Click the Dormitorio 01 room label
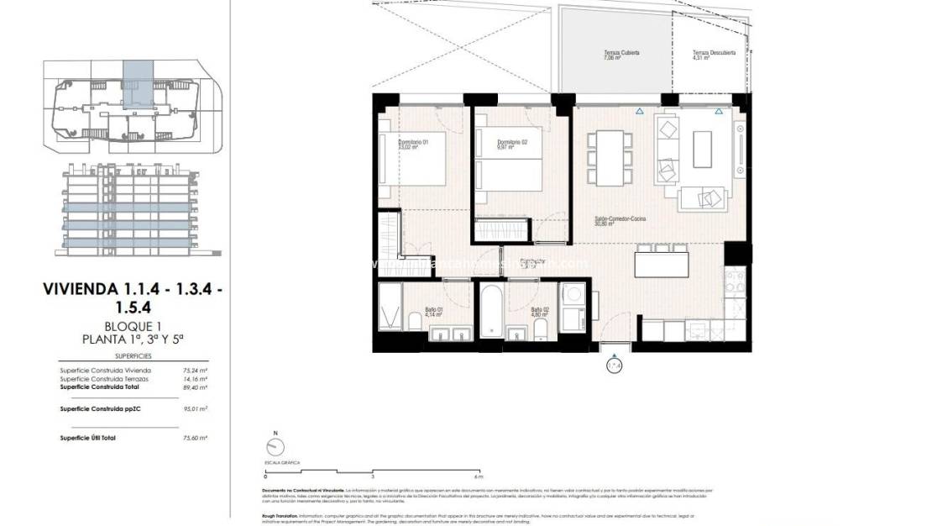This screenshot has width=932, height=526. (413, 143)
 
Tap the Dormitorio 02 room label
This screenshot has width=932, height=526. (512, 142)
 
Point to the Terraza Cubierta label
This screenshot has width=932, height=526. (621, 53)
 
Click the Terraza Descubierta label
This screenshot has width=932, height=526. (714, 53)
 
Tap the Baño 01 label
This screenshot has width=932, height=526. (435, 309)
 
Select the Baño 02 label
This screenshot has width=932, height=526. (540, 309)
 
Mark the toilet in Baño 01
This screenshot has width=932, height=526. (415, 321)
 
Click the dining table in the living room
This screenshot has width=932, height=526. (610, 157)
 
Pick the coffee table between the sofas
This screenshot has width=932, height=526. (702, 149)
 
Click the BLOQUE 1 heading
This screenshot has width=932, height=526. (134, 326)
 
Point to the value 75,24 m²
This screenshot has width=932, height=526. (195, 370)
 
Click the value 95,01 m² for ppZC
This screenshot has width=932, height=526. (195, 409)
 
